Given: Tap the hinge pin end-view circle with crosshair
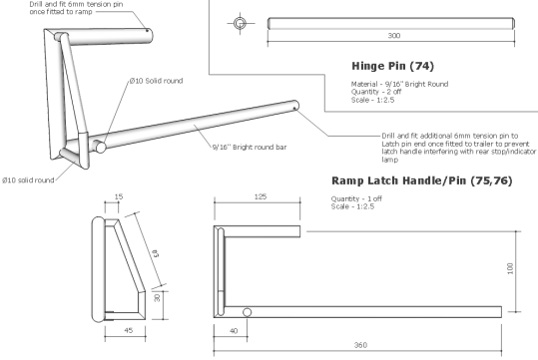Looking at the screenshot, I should (x=241, y=22).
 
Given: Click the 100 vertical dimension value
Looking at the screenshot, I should (x=510, y=268).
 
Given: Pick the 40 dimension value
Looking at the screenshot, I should (x=233, y=330).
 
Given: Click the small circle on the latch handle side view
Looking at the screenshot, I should (x=247, y=312).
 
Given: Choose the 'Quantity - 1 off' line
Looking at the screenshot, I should (x=358, y=197).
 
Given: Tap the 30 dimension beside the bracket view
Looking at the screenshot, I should (x=155, y=297).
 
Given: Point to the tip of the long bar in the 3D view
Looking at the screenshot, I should (x=296, y=103).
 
